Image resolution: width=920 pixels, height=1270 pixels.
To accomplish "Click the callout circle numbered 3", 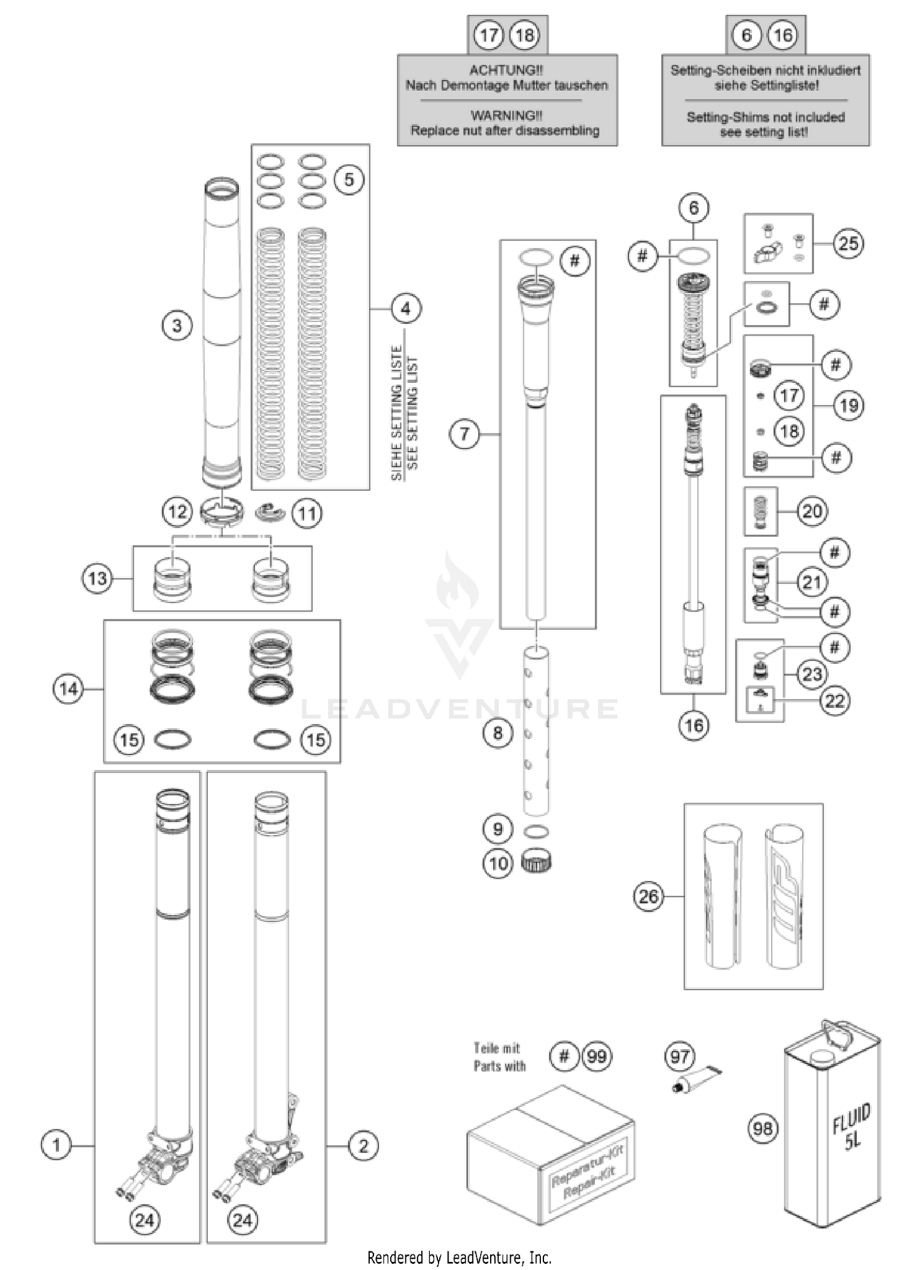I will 177,325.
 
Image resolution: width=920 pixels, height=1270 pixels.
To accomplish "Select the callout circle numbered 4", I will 405,309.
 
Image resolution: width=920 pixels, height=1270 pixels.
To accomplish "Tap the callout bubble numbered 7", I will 464,434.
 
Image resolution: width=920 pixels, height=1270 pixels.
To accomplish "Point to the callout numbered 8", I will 497,733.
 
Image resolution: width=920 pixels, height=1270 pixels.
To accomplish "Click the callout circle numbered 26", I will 648,896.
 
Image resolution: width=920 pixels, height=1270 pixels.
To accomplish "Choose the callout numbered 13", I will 98,578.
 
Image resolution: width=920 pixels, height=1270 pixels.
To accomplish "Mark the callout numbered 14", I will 68,689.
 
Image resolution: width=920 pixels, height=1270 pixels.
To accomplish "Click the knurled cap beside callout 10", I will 536,862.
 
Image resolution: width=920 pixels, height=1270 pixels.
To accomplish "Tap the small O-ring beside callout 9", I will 537,831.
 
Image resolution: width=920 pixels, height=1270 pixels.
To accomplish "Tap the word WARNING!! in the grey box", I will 506,115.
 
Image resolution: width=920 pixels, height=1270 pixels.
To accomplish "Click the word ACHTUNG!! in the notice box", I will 506,70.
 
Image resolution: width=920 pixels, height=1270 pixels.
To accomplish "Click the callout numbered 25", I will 848,244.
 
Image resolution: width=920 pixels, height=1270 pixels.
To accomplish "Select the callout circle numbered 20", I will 812,510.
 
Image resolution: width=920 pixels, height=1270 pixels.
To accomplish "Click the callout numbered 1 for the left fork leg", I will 56,1145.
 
